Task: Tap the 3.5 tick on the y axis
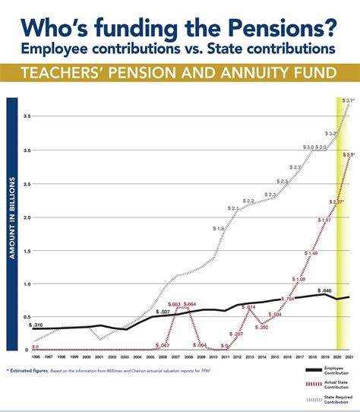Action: [26, 116]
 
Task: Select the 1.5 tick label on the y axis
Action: [26, 250]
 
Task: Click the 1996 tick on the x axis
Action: [36, 357]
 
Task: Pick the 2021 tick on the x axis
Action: [349, 357]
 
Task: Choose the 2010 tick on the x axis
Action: [212, 357]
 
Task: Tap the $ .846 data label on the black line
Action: [325, 290]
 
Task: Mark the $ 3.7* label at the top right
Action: [348, 100]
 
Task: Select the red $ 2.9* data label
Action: [349, 154]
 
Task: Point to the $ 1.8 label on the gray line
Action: [218, 229]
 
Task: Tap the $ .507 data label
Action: [162, 312]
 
